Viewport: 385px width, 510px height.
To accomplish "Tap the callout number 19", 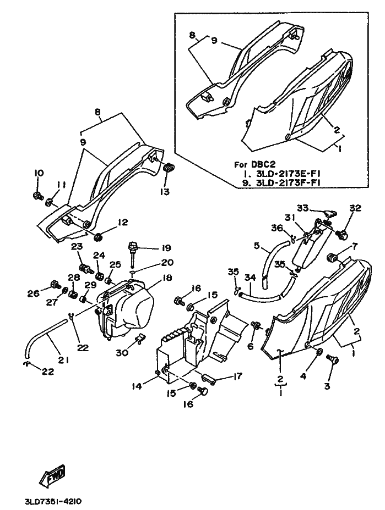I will click(166, 248).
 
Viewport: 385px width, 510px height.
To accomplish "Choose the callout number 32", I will click(355, 208).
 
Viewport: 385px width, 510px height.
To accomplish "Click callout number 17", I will click(237, 378).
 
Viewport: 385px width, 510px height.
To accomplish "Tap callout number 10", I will click(39, 173).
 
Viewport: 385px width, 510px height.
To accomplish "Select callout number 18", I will click(166, 279).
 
